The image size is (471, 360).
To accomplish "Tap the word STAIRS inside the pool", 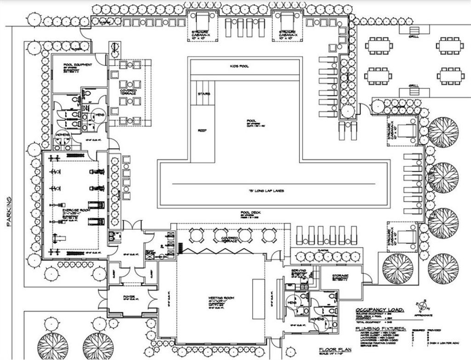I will click(204, 94).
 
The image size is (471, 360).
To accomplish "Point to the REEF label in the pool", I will click(202, 130).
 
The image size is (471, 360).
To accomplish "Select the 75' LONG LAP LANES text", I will click(266, 190).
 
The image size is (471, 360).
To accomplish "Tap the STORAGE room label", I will click(340, 275).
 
